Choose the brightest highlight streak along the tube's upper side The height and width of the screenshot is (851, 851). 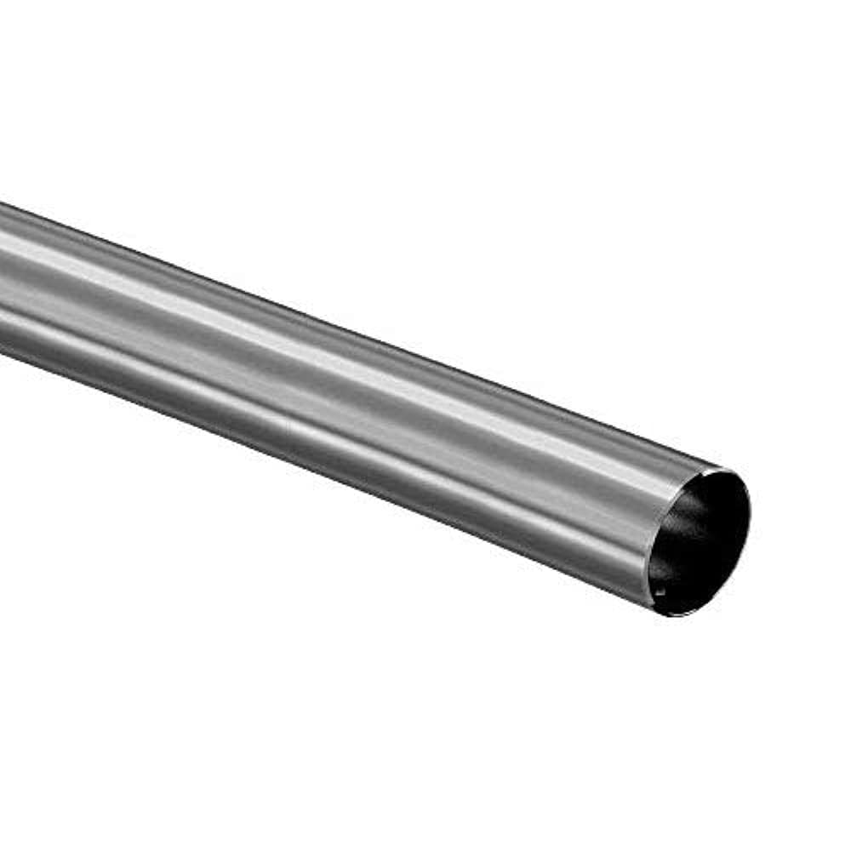pyautogui.click(x=255, y=306)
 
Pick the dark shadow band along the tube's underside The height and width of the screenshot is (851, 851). pyautogui.click(x=340, y=477)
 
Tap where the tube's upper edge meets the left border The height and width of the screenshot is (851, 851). pyautogui.click(x=2, y=204)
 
